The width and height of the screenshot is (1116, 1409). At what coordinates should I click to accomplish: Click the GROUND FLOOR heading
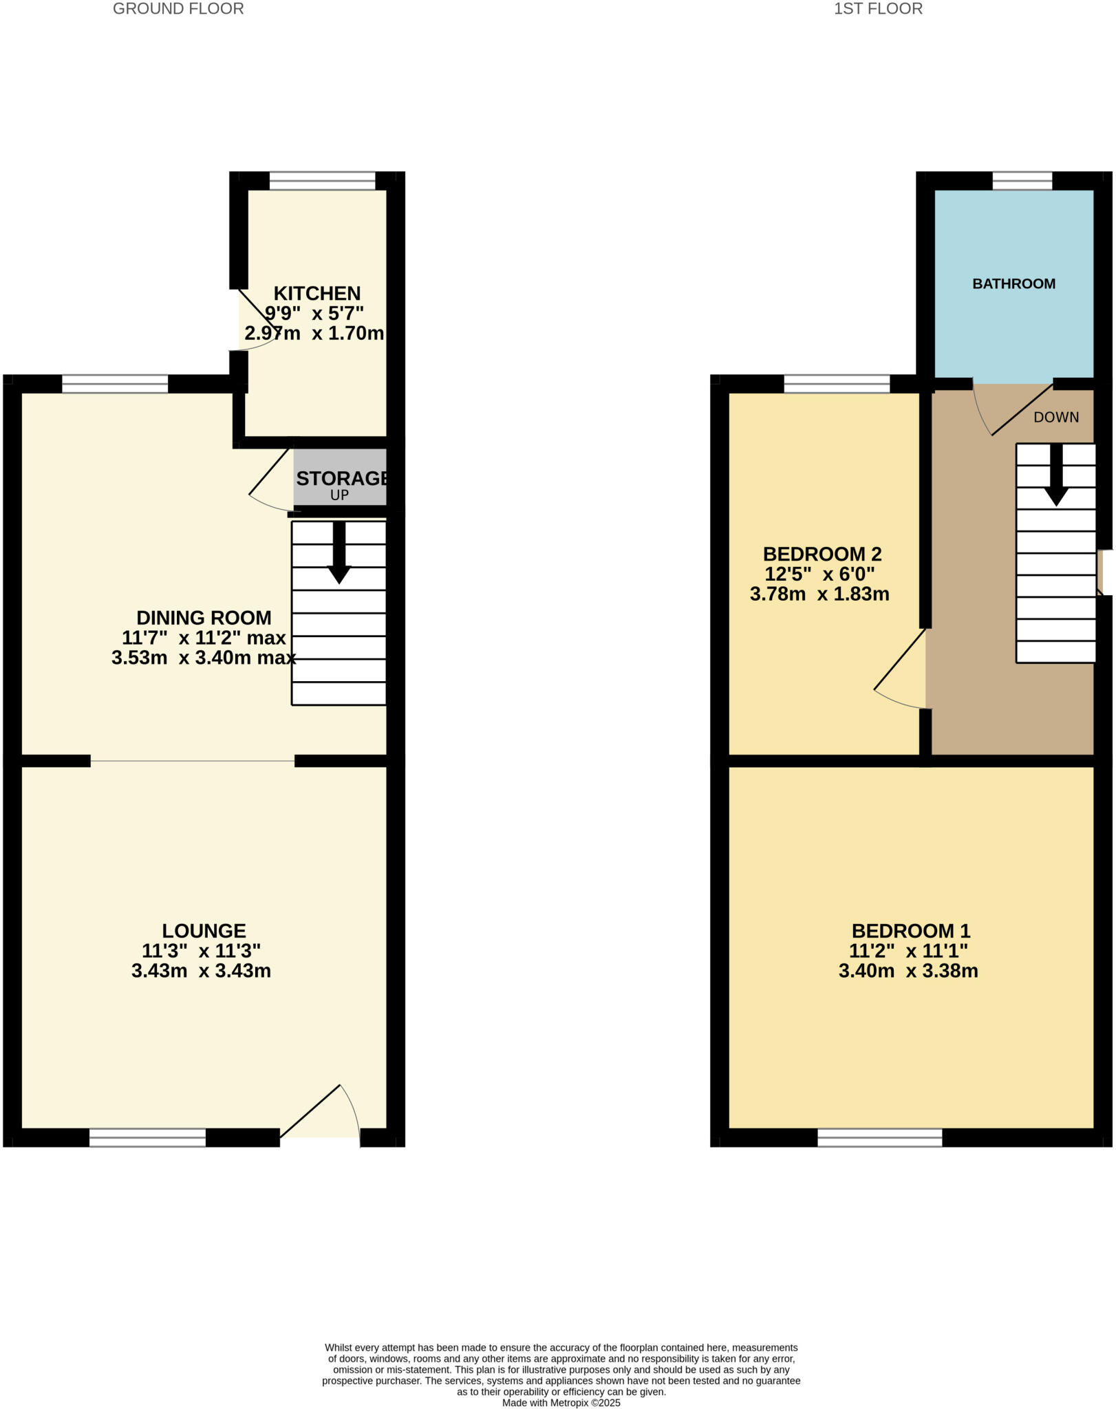click(178, 9)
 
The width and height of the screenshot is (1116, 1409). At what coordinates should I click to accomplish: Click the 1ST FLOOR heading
click(878, 9)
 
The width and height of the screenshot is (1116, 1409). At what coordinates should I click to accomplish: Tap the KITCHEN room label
click(317, 294)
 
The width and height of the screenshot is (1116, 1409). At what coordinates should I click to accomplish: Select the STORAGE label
click(341, 478)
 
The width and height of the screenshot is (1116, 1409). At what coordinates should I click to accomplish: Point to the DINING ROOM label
click(204, 618)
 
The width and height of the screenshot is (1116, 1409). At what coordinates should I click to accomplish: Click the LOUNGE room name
click(204, 931)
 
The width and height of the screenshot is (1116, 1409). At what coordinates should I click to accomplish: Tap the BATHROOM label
click(1013, 284)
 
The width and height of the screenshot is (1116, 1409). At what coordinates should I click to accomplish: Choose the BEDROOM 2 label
click(822, 554)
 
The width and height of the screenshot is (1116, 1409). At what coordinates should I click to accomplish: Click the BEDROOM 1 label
click(911, 931)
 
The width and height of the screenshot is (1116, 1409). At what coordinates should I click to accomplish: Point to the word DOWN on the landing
click(1056, 417)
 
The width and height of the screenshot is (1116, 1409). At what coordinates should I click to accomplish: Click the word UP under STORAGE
click(339, 495)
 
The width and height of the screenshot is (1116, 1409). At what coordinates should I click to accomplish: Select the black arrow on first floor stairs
click(1056, 475)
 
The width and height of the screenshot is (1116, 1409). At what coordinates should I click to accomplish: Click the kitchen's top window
click(322, 181)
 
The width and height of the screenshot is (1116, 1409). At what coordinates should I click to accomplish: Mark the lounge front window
click(147, 1138)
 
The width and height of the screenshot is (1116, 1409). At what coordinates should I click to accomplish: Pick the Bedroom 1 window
click(879, 1138)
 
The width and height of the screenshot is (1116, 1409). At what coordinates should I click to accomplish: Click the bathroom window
click(1022, 181)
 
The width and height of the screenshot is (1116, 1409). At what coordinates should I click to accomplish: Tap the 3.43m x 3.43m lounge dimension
click(201, 971)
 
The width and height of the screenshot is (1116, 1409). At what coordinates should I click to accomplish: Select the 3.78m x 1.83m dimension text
click(819, 594)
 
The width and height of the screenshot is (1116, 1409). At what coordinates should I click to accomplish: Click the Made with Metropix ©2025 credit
click(561, 1403)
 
